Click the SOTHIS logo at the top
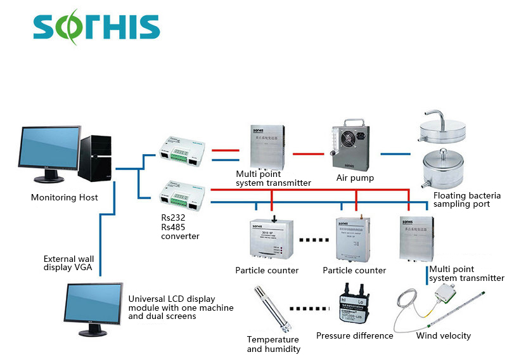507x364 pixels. pos(96,27)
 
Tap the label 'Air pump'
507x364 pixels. pos(355,178)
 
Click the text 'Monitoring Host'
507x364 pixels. pos(65,198)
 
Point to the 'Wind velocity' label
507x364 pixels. pos(444,335)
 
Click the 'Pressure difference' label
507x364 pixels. pos(355,335)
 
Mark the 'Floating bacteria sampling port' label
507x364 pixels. pos(467,200)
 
